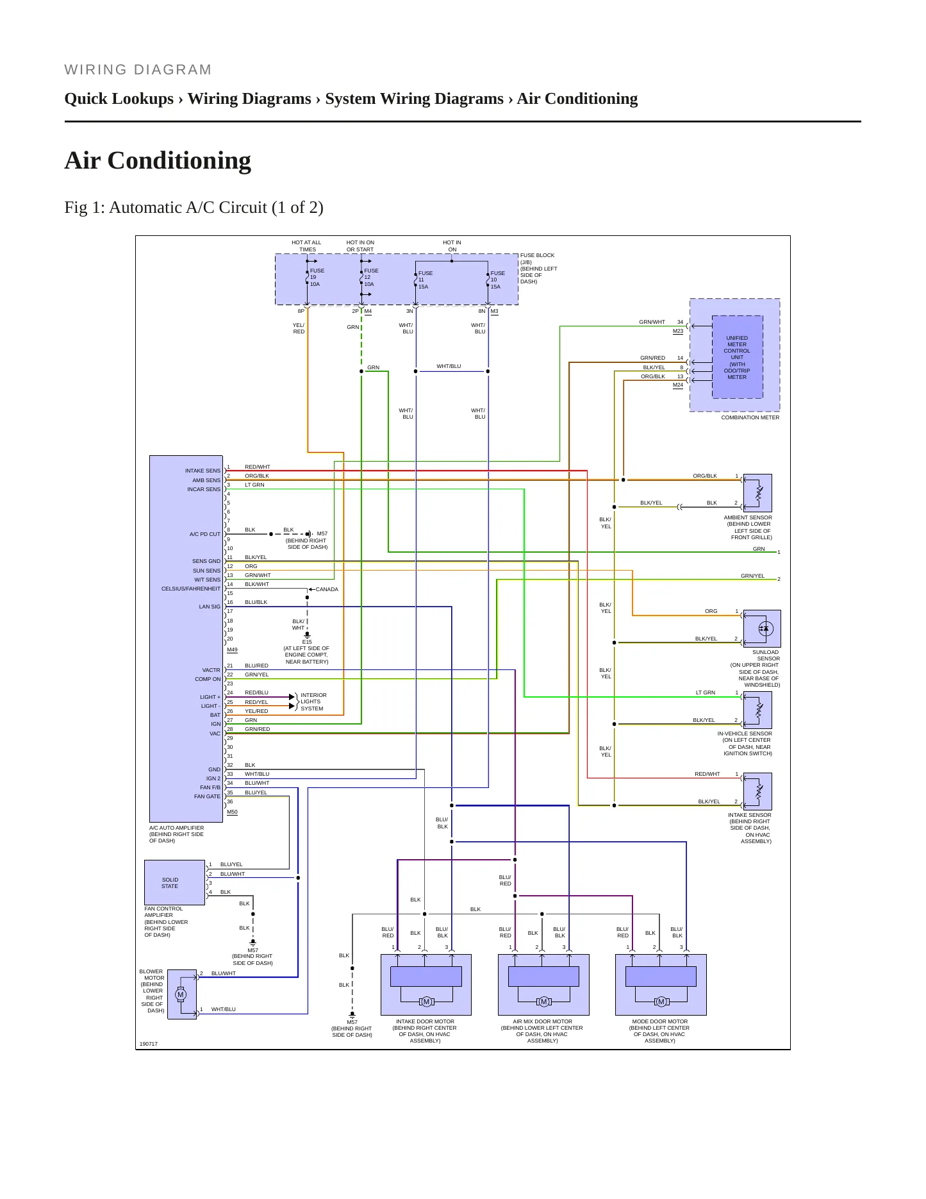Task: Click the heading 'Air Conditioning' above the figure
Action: [x=158, y=160]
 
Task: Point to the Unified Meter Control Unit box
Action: [x=737, y=357]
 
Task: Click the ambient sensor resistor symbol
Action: [x=759, y=493]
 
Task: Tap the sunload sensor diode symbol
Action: [x=763, y=629]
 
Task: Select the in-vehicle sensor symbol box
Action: [x=757, y=710]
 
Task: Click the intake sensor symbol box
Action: [x=757, y=791]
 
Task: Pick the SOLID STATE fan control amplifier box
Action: [x=174, y=883]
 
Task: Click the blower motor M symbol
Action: [x=181, y=994]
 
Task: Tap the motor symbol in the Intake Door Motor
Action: [x=426, y=1002]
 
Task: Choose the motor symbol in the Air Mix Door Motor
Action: [x=543, y=1002]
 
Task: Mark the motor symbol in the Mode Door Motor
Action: [x=661, y=1002]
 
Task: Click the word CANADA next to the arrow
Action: [x=327, y=589]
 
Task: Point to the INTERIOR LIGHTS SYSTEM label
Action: [x=313, y=701]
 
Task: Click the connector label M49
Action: [x=232, y=650]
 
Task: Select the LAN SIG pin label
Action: [x=210, y=607]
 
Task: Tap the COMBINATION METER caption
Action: [x=750, y=417]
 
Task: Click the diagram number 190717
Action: [x=149, y=1044]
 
